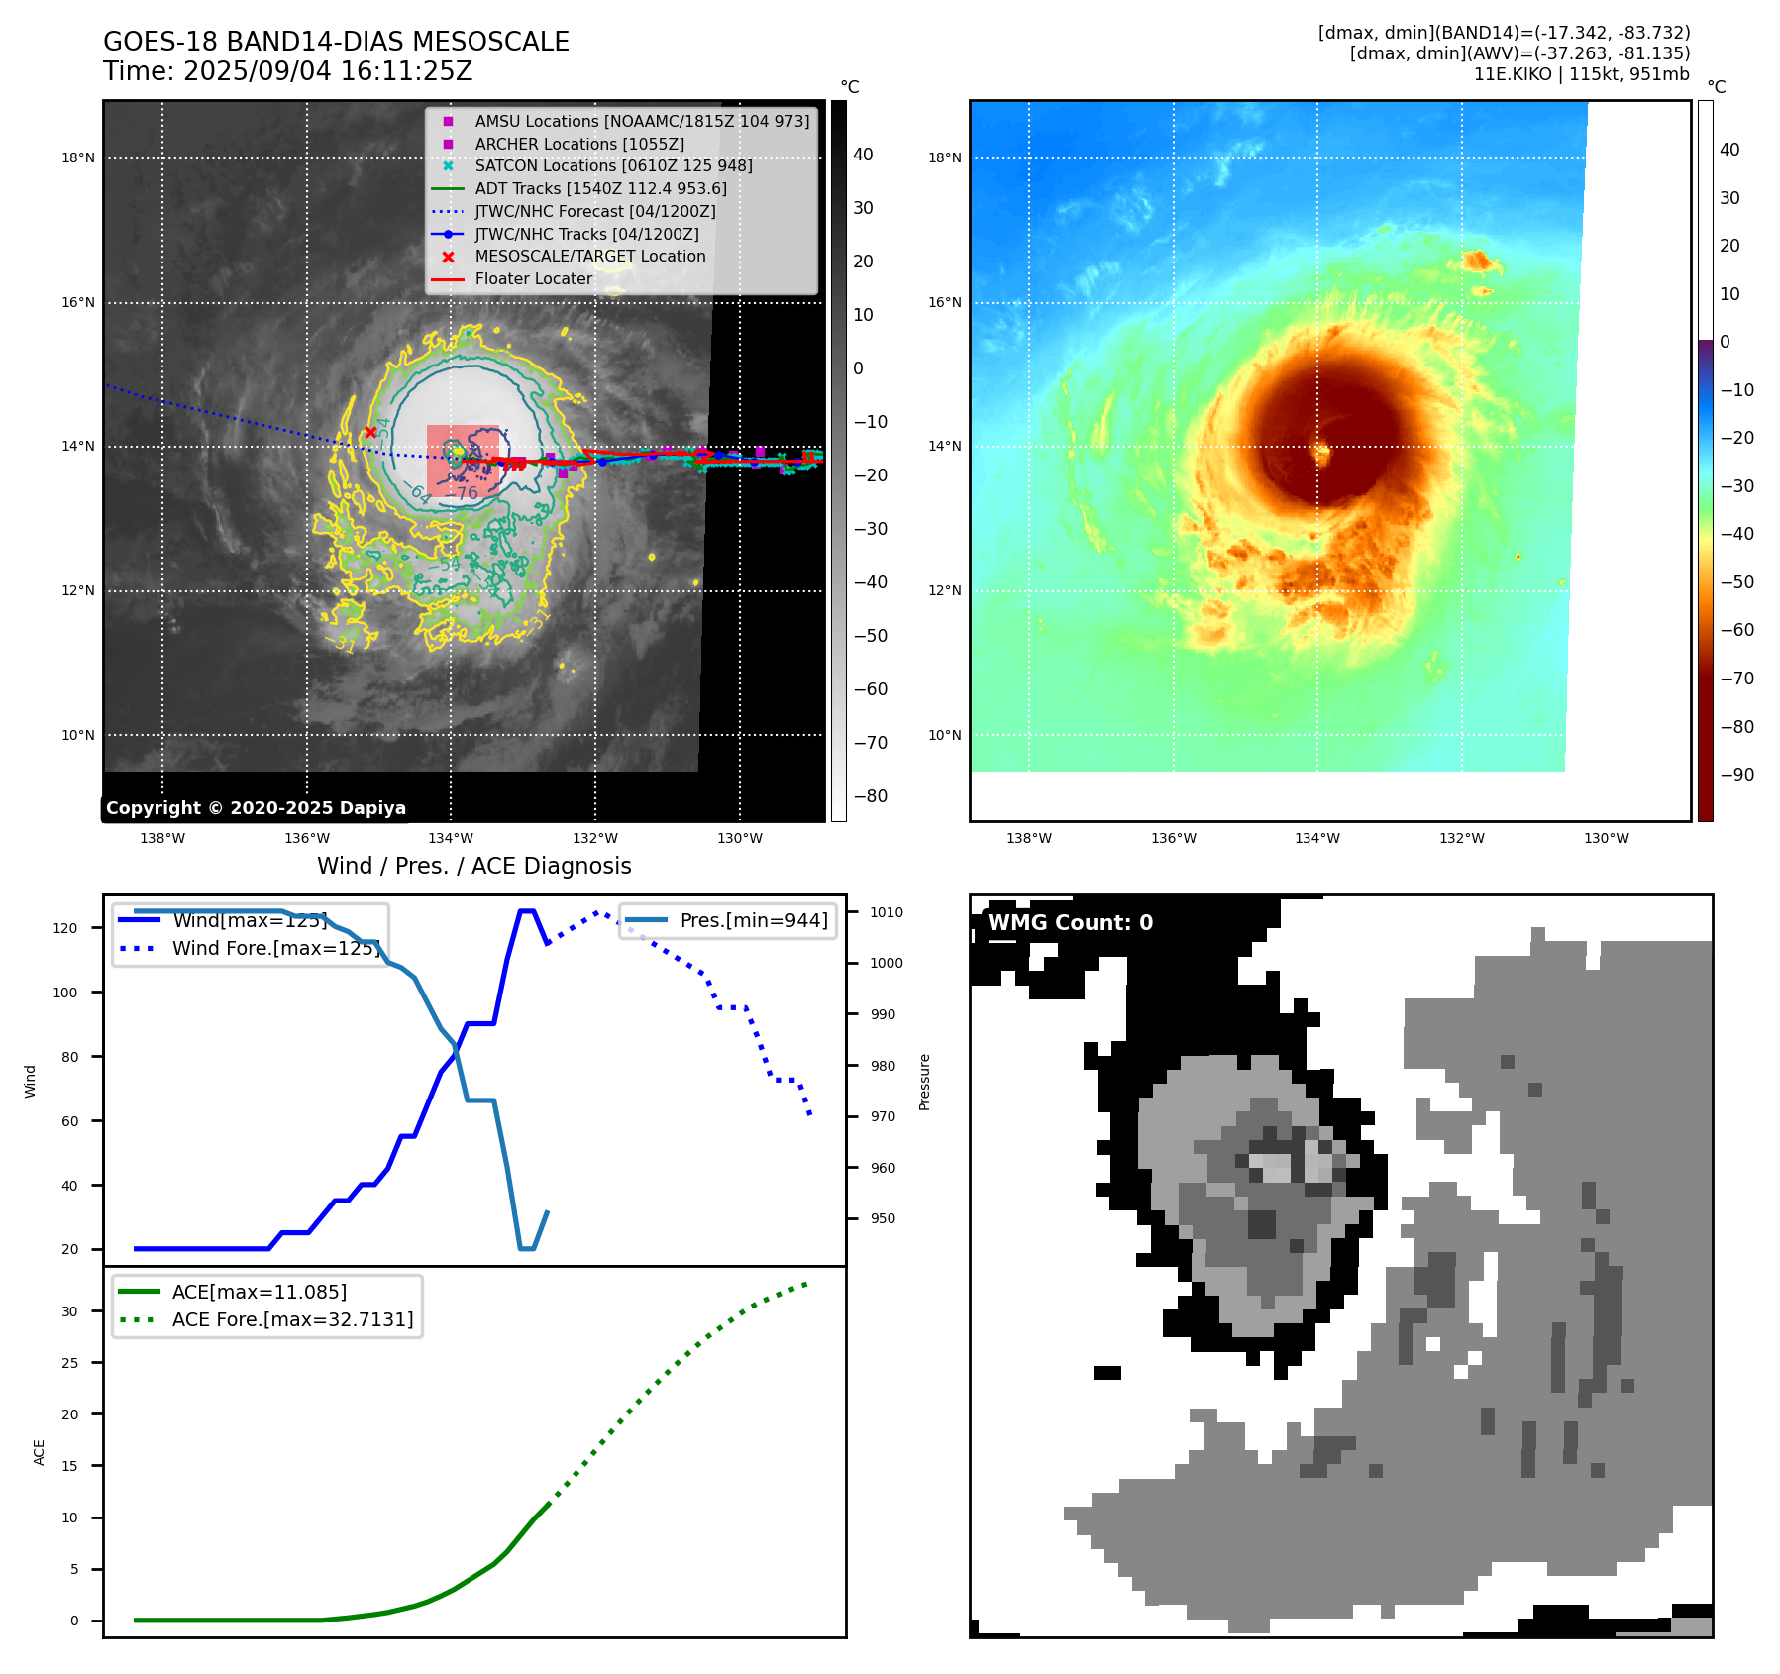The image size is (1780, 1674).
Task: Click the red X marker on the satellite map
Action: click(x=370, y=432)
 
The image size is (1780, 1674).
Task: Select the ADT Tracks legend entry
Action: click(x=600, y=188)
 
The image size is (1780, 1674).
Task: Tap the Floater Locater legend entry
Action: click(x=533, y=278)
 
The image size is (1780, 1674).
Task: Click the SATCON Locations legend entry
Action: click(x=613, y=165)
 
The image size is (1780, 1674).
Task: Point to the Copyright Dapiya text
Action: click(x=256, y=808)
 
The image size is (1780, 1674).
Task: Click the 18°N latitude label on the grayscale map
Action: click(x=78, y=157)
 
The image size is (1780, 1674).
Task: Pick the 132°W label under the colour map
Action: click(x=1461, y=838)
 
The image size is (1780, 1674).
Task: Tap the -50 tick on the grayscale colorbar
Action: click(x=871, y=636)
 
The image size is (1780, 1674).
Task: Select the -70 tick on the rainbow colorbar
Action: click(x=1736, y=679)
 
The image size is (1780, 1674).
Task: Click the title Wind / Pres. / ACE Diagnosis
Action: click(x=473, y=866)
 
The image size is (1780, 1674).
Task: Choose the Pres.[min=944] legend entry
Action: click(x=753, y=920)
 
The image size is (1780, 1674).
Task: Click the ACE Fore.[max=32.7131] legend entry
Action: click(x=292, y=1319)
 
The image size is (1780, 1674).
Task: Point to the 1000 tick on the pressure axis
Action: click(x=887, y=963)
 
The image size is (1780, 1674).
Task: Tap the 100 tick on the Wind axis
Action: click(x=65, y=993)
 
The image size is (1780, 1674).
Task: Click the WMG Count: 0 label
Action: click(x=1070, y=923)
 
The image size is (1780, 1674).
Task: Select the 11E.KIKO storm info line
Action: click(x=1581, y=74)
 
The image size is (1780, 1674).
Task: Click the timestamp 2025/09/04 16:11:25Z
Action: click(x=327, y=72)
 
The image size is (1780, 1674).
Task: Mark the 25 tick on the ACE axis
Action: click(x=69, y=1363)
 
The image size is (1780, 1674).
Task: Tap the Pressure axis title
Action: click(x=924, y=1082)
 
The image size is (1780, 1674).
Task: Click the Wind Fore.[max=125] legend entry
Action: click(x=275, y=948)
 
